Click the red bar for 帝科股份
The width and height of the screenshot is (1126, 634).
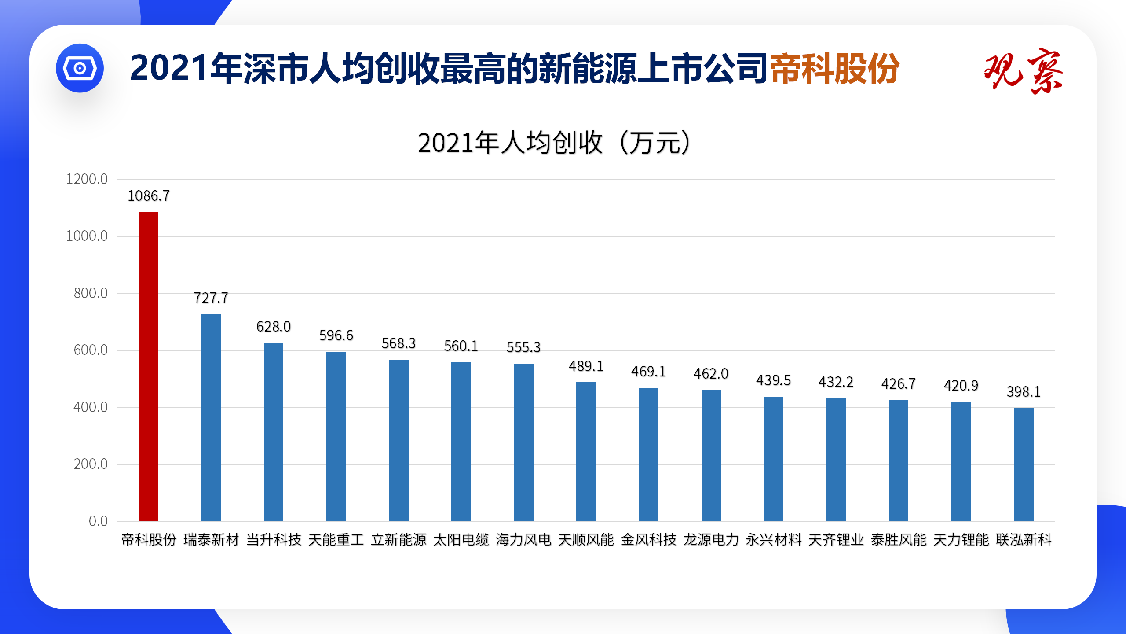coord(149,366)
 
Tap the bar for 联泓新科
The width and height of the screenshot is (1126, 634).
coord(1024,464)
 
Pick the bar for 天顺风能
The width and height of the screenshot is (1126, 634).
coord(586,451)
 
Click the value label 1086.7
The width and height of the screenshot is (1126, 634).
coord(149,196)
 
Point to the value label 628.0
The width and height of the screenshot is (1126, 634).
coord(274,327)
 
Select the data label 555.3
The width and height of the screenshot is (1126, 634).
coord(523,347)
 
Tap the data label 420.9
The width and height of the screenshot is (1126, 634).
coord(961,386)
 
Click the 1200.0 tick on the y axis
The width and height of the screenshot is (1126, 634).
coord(87,179)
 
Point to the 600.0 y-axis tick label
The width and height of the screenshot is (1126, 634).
coord(90,350)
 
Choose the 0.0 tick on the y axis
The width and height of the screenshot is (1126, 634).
coord(98,521)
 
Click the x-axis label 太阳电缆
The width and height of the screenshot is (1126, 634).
coord(461,540)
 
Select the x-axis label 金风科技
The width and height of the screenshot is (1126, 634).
coord(648,540)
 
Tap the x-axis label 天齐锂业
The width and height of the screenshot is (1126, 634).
coord(836,540)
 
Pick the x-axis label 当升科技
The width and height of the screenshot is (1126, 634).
coord(274,540)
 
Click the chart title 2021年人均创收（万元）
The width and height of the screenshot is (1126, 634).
coord(554,143)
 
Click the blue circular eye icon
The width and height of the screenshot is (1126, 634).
coord(80,68)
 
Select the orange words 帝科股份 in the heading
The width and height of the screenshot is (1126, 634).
coord(834,69)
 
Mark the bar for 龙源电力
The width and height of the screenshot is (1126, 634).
coord(711,456)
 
